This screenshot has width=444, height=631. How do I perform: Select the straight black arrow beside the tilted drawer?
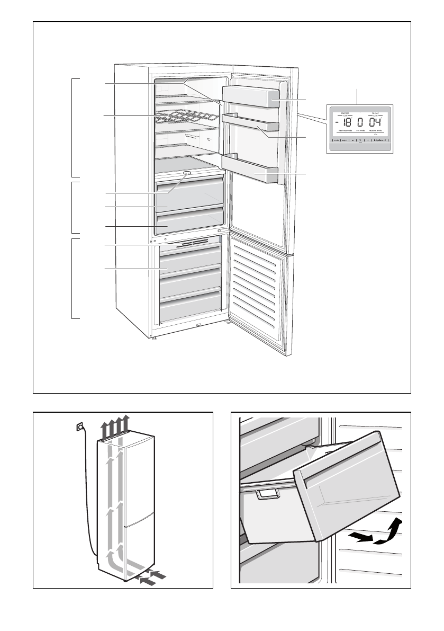(x=359, y=537)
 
